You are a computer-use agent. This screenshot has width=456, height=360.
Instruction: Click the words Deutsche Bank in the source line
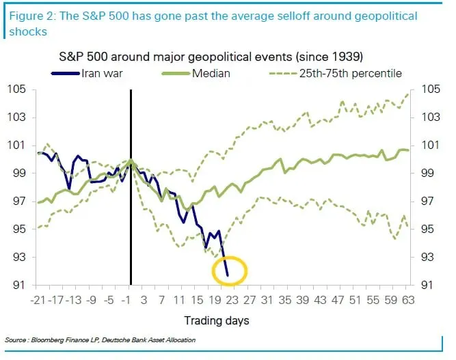[137, 340]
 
